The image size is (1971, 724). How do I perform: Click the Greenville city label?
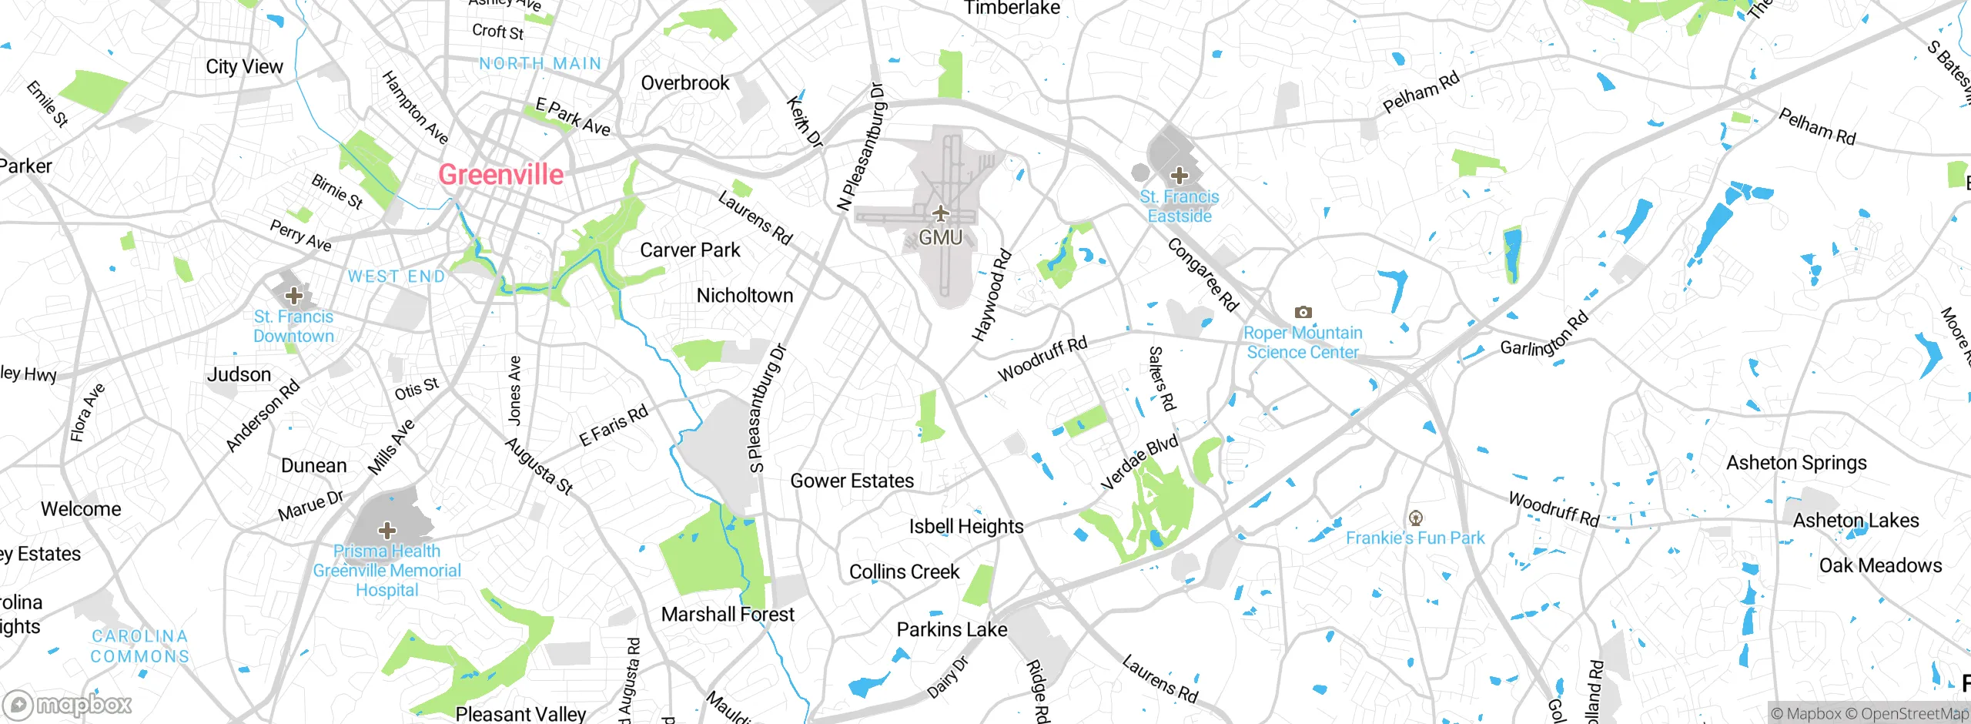[x=500, y=175]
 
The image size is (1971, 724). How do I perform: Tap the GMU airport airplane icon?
[x=940, y=213]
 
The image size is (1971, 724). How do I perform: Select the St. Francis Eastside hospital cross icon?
[x=1179, y=175]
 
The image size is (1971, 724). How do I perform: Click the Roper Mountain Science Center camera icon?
[x=1303, y=312]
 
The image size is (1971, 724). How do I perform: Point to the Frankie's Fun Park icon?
[x=1415, y=518]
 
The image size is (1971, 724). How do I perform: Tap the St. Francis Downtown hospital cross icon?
[x=293, y=295]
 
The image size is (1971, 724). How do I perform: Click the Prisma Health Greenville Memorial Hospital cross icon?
[x=387, y=530]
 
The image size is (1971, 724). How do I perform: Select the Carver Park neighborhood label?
[x=690, y=250]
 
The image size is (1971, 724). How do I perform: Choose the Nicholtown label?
[x=745, y=296]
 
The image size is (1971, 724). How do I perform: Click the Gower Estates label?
[x=852, y=481]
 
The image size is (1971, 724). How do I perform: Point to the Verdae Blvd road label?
[x=1139, y=462]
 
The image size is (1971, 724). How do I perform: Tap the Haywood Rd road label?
[x=991, y=295]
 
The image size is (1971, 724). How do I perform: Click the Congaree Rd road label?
[x=1202, y=275]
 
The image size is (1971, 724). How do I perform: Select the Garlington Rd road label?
[x=1544, y=334]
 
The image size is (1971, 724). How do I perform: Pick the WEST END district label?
[x=397, y=277]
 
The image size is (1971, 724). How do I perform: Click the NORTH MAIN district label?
[x=540, y=64]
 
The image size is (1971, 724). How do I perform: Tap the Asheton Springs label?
[x=1796, y=463]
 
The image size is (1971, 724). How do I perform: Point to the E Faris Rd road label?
[x=614, y=426]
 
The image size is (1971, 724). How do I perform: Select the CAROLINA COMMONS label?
[x=140, y=646]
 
